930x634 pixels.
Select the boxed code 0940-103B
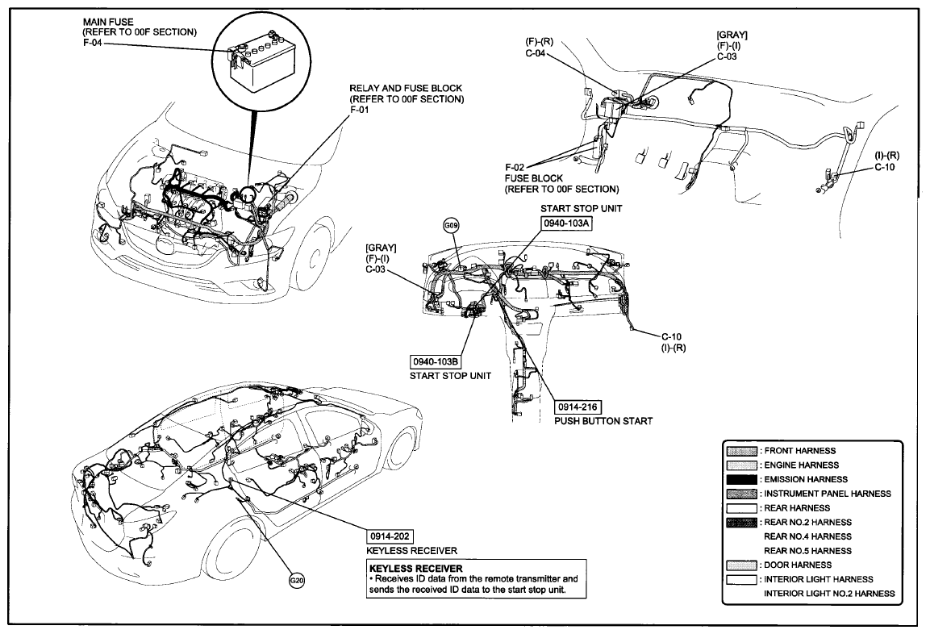click(x=436, y=361)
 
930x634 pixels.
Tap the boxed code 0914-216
click(x=577, y=407)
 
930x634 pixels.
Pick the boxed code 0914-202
click(x=390, y=536)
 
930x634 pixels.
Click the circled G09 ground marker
click(x=452, y=225)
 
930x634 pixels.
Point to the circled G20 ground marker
click(x=297, y=581)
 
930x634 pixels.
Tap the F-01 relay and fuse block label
click(x=360, y=110)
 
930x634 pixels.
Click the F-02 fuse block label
click(x=515, y=167)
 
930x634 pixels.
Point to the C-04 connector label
click(x=536, y=52)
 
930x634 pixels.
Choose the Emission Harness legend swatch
click(x=741, y=479)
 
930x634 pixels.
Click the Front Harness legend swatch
click(x=741, y=451)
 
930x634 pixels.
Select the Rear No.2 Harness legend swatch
click(x=741, y=523)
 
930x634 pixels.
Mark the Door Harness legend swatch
click(x=741, y=565)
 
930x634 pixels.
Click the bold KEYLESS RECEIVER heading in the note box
click(x=415, y=568)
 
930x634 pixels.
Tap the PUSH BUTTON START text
click(x=603, y=421)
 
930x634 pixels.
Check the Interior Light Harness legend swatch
click(x=741, y=579)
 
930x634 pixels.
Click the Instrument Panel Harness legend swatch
click(x=741, y=494)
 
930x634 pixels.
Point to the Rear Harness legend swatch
click(x=741, y=508)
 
